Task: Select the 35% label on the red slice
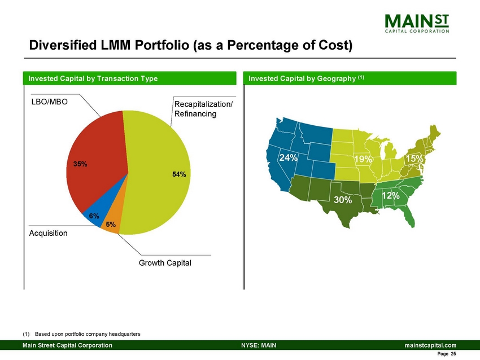pyautogui.click(x=80, y=164)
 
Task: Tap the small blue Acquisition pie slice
pyautogui.click(x=91, y=210)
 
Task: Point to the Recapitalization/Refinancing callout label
pyautogui.click(x=203, y=109)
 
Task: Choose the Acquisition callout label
pyautogui.click(x=48, y=233)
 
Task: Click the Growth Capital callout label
pyautogui.click(x=165, y=263)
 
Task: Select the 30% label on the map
pyautogui.click(x=342, y=200)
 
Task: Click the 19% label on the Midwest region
pyautogui.click(x=363, y=160)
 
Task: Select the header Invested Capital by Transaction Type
pyautogui.click(x=90, y=78)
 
